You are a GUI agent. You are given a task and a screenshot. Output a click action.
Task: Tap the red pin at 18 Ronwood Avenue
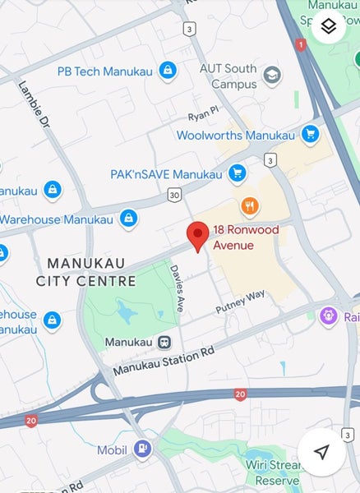tap(197, 236)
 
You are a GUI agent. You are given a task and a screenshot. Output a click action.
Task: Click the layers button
tap(329, 27)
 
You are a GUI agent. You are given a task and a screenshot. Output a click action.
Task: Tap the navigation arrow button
tap(321, 452)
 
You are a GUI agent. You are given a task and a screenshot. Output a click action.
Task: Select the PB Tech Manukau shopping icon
tap(168, 71)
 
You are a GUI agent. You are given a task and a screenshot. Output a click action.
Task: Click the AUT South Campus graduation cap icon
tap(271, 76)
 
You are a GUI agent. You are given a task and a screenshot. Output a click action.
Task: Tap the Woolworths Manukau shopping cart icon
tap(310, 134)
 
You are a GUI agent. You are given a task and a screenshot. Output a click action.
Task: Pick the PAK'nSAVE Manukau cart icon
tap(238, 173)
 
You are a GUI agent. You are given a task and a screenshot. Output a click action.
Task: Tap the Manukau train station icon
tap(164, 342)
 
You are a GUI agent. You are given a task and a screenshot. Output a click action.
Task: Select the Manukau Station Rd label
tap(164, 360)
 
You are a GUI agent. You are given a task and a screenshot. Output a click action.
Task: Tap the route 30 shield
tap(173, 195)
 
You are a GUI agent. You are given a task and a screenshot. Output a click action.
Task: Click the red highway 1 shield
tap(300, 44)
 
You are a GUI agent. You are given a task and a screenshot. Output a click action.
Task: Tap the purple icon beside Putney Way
tap(330, 316)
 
